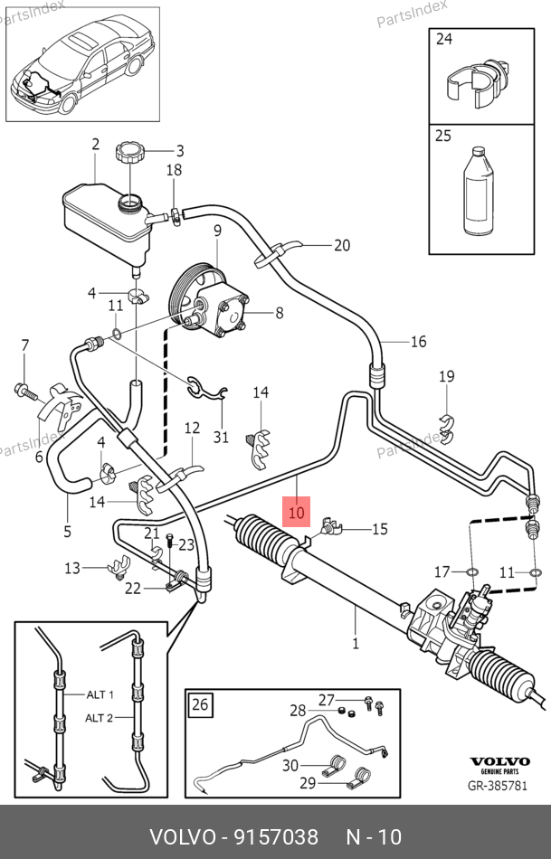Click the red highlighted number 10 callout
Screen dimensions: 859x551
click(x=297, y=512)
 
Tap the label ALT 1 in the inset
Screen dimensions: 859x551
click(x=99, y=694)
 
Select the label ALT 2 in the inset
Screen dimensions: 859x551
click(x=99, y=718)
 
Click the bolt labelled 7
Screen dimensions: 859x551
click(x=21, y=391)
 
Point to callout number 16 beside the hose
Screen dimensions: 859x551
click(x=418, y=342)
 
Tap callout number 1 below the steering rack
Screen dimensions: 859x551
click(x=356, y=644)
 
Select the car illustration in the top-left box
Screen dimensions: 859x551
click(x=82, y=64)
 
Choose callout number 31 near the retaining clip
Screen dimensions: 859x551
click(x=222, y=437)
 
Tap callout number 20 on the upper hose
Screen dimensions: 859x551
click(x=341, y=245)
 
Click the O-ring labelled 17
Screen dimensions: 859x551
click(x=470, y=571)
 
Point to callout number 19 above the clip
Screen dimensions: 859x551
click(x=447, y=376)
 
